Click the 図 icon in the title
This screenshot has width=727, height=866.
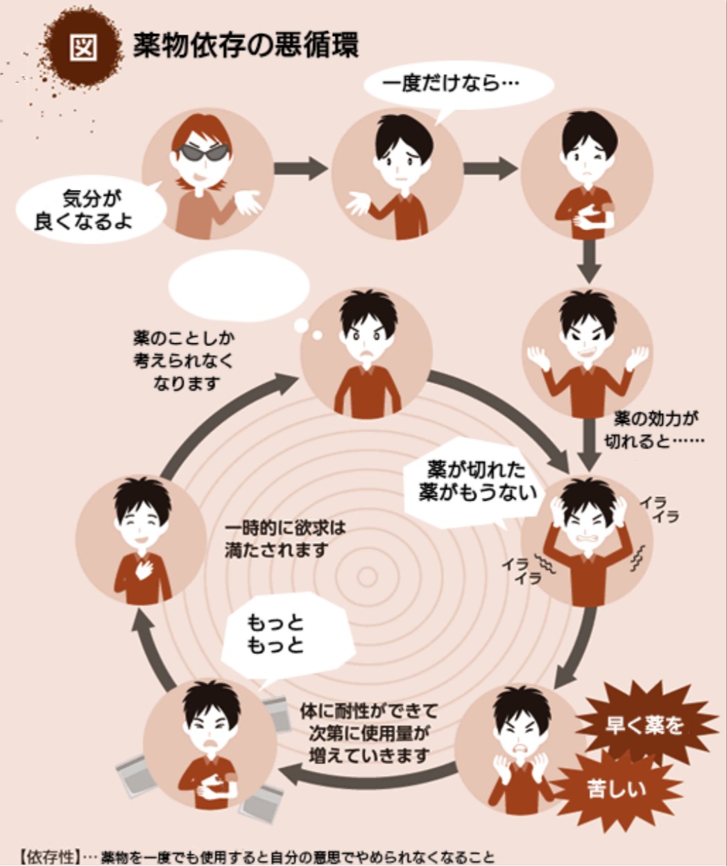coord(83,49)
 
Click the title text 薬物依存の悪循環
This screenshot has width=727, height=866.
coord(246,46)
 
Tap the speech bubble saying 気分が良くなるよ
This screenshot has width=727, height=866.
coord(90,209)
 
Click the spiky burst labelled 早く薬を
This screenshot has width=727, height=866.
coord(645,725)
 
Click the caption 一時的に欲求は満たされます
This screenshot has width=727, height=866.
coord(284,539)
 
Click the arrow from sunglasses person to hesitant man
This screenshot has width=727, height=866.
coord(300,168)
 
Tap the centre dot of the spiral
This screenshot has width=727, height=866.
coord(366,575)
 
